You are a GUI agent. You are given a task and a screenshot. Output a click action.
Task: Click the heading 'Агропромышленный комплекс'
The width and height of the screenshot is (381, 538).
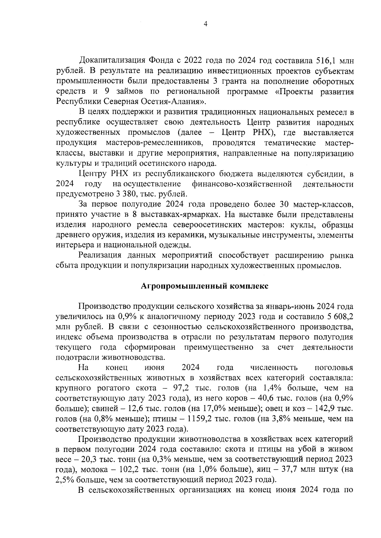point(205,286)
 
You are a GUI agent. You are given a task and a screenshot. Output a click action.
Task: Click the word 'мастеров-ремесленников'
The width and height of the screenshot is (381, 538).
point(154,143)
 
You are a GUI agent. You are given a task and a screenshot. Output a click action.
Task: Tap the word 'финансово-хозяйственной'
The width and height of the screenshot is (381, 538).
point(242,184)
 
